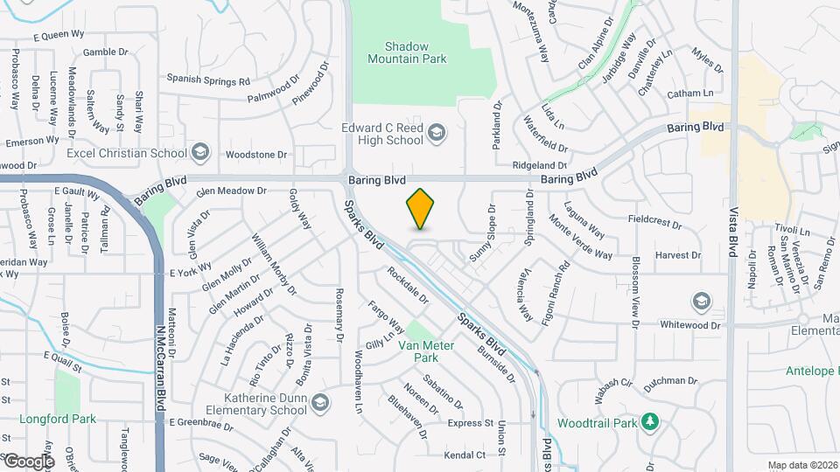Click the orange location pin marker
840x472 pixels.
click(x=421, y=209)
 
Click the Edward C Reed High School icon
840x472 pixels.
click(x=437, y=133)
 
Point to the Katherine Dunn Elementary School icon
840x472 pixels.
click(x=319, y=402)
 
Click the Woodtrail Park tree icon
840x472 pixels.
click(x=649, y=423)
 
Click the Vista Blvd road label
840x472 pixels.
click(x=732, y=229)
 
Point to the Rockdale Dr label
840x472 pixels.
click(x=408, y=285)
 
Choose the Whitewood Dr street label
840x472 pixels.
click(x=690, y=325)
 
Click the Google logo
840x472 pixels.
click(x=28, y=461)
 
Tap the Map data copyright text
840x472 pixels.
click(x=801, y=465)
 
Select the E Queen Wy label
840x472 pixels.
click(x=59, y=37)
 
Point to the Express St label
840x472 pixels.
click(x=471, y=423)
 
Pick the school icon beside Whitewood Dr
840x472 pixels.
click(x=700, y=302)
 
